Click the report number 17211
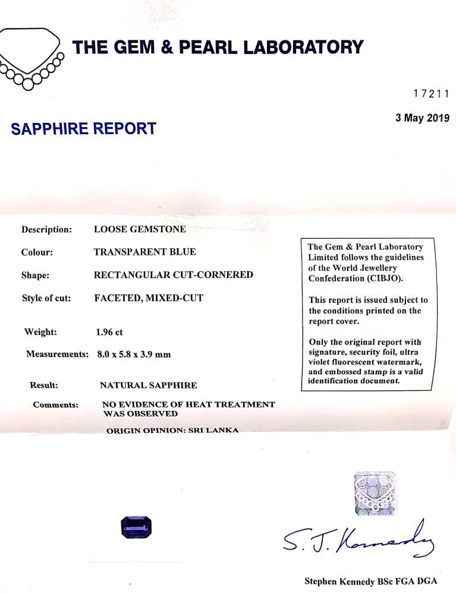point(430,93)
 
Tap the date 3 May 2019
point(422,118)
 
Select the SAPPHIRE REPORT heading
point(84,128)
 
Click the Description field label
point(46,229)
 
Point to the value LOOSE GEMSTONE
point(140,229)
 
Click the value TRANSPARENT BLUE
point(145,252)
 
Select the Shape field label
point(35,275)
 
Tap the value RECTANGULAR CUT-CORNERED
point(174,275)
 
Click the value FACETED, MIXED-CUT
point(149,298)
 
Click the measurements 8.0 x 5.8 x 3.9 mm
point(134,355)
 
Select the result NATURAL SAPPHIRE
point(148,386)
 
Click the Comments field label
point(55,405)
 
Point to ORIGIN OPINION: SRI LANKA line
point(172,430)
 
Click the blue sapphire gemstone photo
point(136,527)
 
